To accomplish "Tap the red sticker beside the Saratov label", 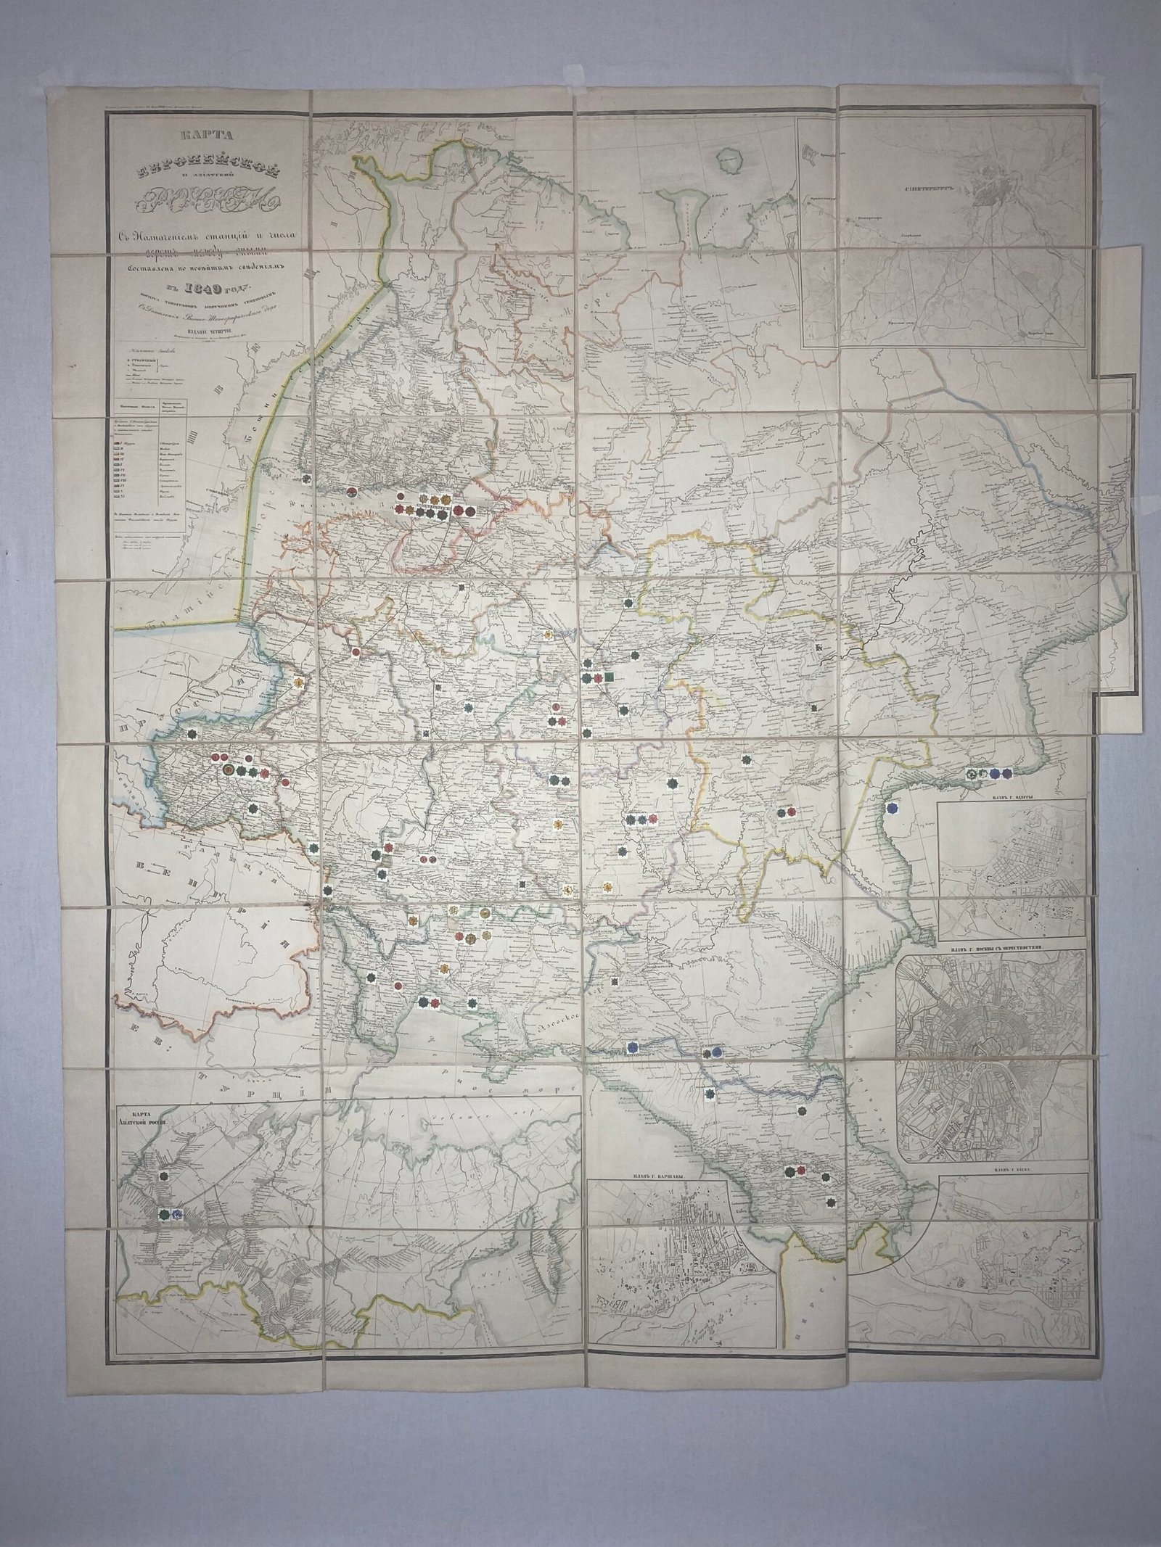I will (791, 812).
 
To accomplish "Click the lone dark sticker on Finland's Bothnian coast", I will (308, 478).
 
